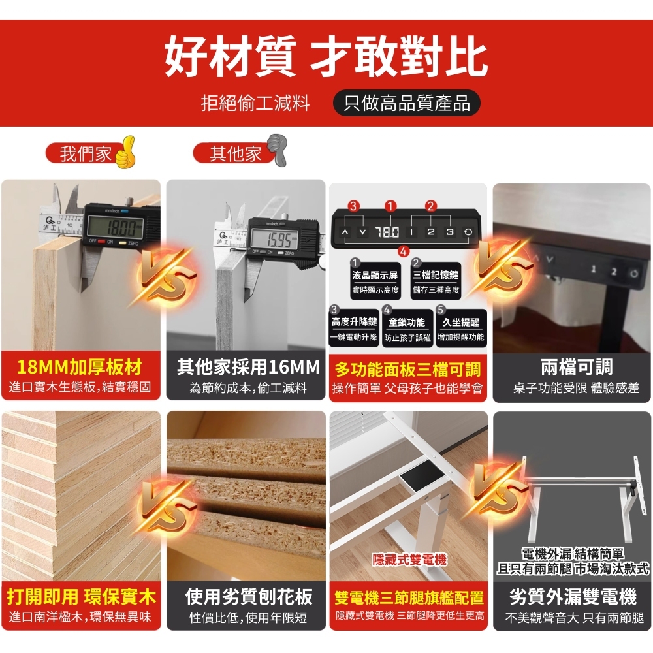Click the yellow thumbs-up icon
coord(125,152)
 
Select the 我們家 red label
coord(84,153)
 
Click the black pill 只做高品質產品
coord(406,103)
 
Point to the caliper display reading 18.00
coord(115,228)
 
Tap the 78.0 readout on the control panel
coord(387,232)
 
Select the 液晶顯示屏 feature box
coord(375,281)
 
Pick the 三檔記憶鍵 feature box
coord(436,281)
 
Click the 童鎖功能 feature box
coord(407,328)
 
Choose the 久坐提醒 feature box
coord(460,328)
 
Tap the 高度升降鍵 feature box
coord(354,328)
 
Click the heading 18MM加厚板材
coord(80,367)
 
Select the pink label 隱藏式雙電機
coord(409,560)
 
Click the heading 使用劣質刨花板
coord(249,596)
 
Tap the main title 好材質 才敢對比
coord(326,57)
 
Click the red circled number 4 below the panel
coord(403,251)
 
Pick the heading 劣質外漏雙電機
coord(573,596)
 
